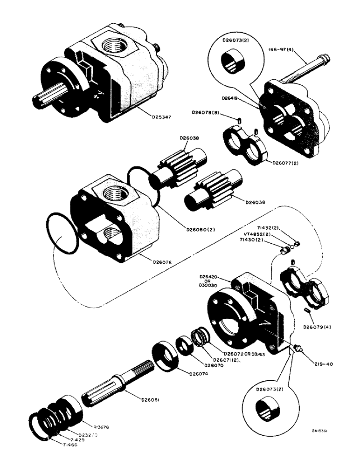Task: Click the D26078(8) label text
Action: (206, 112)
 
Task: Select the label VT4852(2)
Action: (254, 234)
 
